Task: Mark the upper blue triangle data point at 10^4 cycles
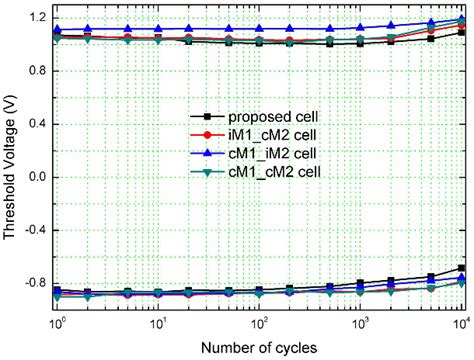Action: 460,18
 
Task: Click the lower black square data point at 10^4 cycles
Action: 460,268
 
